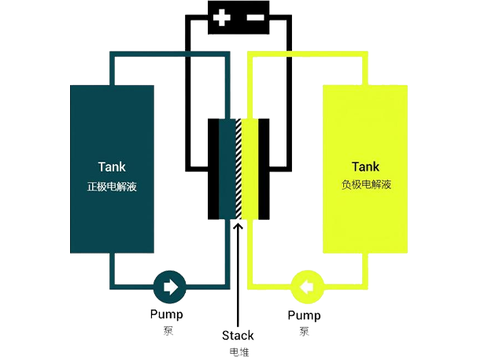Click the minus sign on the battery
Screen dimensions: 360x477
pos(254,17)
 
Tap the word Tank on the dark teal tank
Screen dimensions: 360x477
pos(112,167)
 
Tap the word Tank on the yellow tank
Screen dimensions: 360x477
pos(365,167)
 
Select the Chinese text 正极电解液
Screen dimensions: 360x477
pos(112,187)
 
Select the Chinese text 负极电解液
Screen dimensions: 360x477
pos(366,186)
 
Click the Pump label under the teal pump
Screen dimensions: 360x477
pos(166,315)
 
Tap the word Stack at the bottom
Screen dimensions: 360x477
pos(238,336)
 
